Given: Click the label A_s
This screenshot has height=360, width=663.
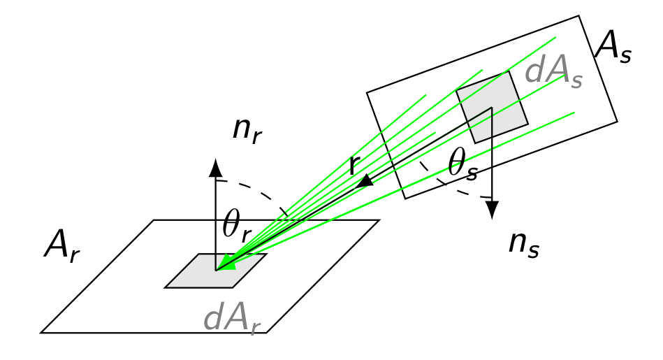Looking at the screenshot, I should pyautogui.click(x=613, y=50).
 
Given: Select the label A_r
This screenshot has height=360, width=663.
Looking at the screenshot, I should pyautogui.click(x=61, y=247).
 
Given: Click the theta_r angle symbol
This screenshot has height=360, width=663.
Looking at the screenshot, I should pyautogui.click(x=237, y=226).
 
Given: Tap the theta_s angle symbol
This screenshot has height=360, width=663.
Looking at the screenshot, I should pyautogui.click(x=463, y=166).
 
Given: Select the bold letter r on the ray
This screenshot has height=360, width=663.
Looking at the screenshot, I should pyautogui.click(x=355, y=166).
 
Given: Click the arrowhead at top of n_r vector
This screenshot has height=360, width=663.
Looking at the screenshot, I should pyautogui.click(x=215, y=167).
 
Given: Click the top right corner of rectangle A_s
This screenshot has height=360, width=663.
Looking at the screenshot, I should pyautogui.click(x=579, y=16).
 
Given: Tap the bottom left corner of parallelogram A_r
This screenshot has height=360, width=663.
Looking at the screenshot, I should pyautogui.click(x=41, y=333).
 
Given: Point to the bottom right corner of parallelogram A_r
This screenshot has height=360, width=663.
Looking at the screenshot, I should pyautogui.click(x=266, y=333).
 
